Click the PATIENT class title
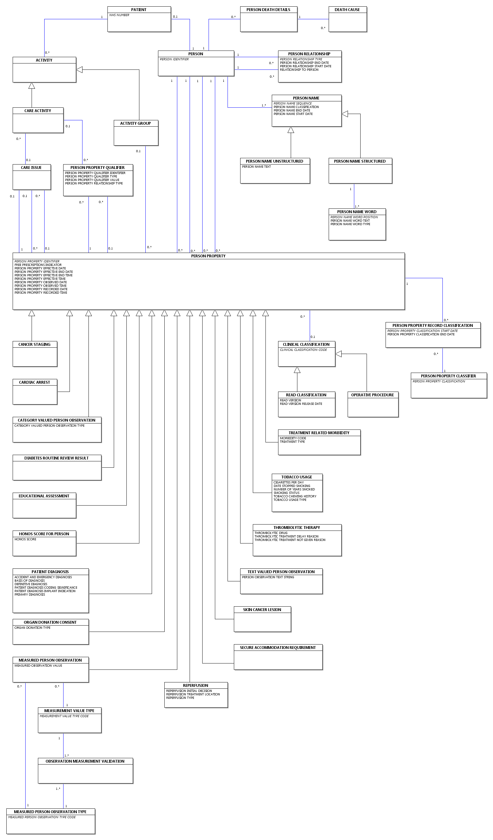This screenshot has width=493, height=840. tap(139, 10)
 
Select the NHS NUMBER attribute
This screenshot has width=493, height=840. tap(119, 15)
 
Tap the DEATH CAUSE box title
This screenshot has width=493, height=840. tap(347, 10)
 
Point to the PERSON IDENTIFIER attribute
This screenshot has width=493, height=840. tap(174, 59)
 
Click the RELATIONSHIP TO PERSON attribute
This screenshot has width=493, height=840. tap(299, 70)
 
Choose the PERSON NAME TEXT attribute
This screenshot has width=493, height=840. tap(257, 167)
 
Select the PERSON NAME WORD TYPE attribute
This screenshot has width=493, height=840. tap(350, 224)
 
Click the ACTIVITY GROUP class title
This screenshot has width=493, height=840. tap(136, 123)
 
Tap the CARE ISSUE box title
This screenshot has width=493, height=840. tap(31, 168)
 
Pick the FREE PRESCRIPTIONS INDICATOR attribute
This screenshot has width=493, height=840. tap(38, 265)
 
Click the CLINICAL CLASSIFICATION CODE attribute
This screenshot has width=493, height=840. tap(303, 350)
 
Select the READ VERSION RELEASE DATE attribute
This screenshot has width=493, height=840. tap(301, 404)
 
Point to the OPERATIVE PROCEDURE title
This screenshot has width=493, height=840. tap(373, 395)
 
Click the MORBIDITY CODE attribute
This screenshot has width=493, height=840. tap(293, 438)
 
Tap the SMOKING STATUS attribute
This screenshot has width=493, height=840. tap(287, 493)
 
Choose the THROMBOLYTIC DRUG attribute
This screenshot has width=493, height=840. tap(271, 533)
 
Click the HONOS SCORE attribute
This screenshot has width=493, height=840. tap(25, 539)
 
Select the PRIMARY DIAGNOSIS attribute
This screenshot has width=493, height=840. tap(30, 595)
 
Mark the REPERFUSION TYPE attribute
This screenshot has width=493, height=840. tap(180, 698)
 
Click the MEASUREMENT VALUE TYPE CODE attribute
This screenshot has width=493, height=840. tap(64, 716)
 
